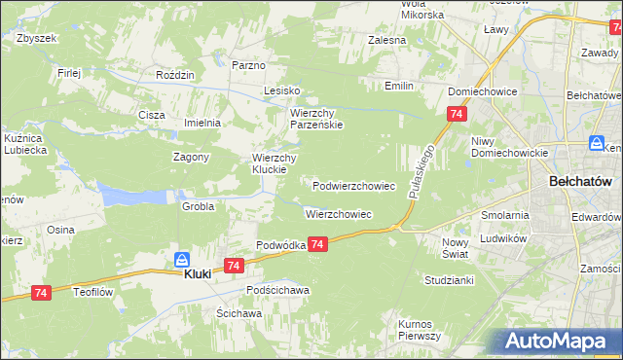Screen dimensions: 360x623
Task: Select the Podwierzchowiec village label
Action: [353, 185]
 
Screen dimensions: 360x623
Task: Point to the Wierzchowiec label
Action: [339, 214]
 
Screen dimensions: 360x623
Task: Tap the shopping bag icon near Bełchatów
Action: [595, 144]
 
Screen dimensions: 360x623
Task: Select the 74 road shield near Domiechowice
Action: [456, 115]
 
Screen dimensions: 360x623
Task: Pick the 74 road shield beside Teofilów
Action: [41, 293]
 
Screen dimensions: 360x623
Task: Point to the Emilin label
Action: [399, 86]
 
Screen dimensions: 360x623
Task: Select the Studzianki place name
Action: [449, 280]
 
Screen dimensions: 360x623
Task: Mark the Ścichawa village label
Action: [239, 313]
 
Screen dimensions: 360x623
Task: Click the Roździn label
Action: [176, 74]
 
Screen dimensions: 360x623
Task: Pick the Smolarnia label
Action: [505, 215]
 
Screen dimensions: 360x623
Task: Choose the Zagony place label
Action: [192, 157]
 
